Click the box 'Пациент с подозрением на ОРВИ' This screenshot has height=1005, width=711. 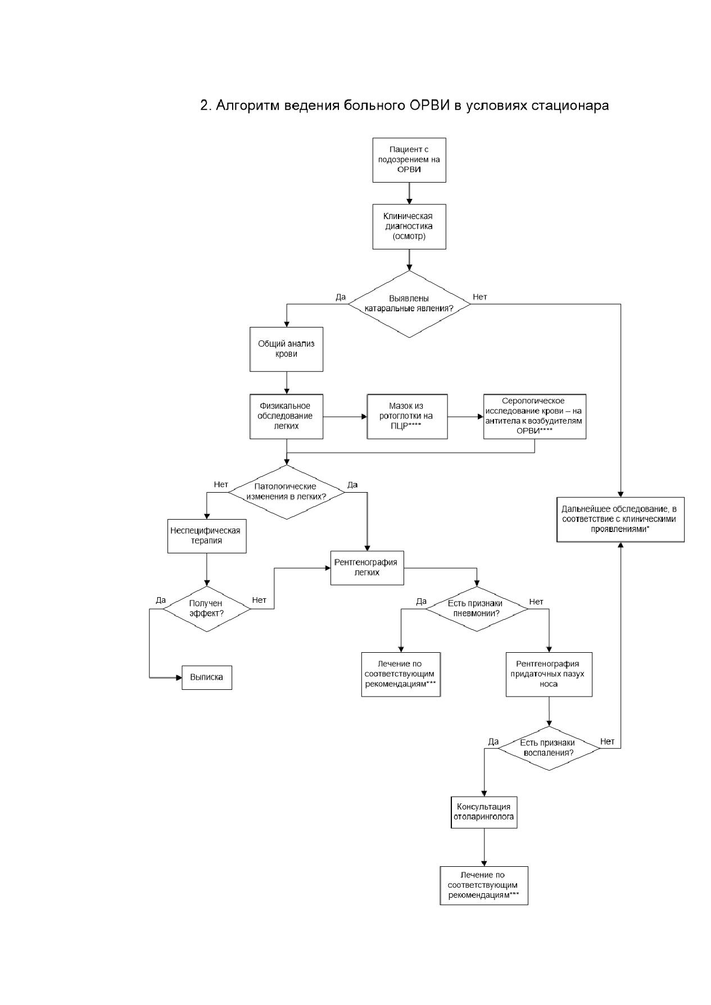click(x=409, y=160)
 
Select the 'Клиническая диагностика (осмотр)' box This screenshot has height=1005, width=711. click(x=409, y=226)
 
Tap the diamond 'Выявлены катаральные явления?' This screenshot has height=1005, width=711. click(x=409, y=304)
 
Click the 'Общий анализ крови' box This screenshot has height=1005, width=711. click(x=287, y=349)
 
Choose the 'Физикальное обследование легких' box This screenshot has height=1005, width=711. click(x=287, y=416)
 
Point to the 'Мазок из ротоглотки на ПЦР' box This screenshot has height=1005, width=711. click(x=407, y=416)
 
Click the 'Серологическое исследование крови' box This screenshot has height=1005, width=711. click(x=535, y=416)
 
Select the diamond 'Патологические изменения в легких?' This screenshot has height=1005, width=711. click(x=287, y=492)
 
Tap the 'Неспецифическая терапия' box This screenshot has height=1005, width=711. click(x=207, y=536)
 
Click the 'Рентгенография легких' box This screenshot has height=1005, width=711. click(x=367, y=567)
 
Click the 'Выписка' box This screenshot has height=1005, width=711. click(x=207, y=677)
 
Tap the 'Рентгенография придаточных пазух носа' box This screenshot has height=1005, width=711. click(x=549, y=674)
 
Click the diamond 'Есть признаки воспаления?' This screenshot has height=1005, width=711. click(x=549, y=747)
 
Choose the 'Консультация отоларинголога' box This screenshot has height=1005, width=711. click(x=484, y=812)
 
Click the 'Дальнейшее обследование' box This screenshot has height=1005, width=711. click(x=621, y=519)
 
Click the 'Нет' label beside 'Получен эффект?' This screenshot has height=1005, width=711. click(x=259, y=600)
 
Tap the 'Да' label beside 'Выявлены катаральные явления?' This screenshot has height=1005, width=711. click(x=341, y=297)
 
